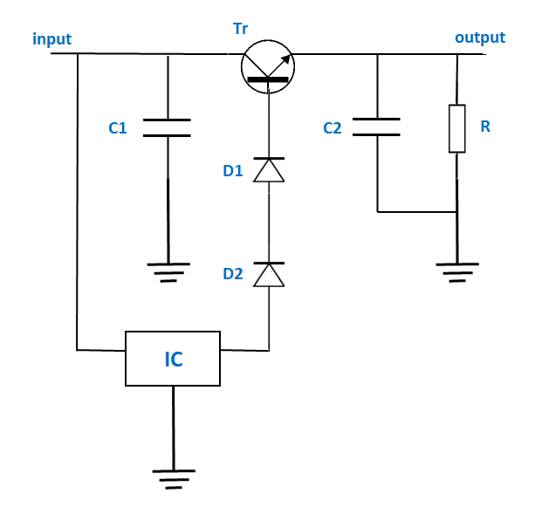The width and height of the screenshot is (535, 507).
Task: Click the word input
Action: point(51,39)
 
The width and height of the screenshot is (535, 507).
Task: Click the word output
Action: point(479,38)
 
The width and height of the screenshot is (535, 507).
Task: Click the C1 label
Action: point(118,128)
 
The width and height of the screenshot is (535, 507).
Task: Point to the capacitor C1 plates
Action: point(166,127)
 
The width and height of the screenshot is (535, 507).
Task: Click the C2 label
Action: point(332,128)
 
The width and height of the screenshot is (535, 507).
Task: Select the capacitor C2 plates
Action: point(377,127)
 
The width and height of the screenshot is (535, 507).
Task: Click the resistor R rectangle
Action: point(457,128)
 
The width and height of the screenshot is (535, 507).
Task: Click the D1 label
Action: point(232,170)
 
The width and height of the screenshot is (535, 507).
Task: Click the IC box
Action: point(174,358)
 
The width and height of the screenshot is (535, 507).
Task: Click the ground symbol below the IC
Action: point(174,479)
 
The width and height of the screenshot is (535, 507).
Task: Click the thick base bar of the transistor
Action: point(268,80)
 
